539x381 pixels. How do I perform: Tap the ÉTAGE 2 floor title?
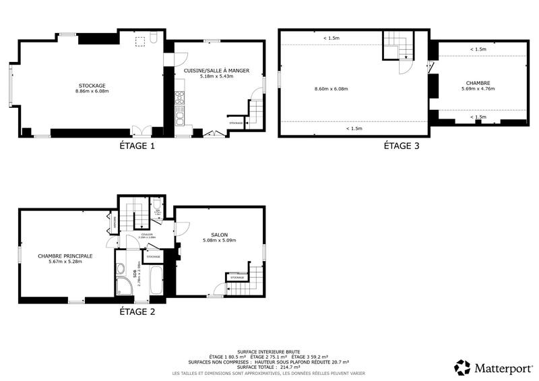point(137,312)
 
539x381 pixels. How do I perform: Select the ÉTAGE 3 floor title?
point(402,146)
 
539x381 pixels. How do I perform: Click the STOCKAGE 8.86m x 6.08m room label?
point(92,88)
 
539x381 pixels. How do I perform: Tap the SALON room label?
point(219,237)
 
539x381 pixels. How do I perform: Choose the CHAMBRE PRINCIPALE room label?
point(65,259)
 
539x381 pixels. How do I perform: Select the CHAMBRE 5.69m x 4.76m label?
point(476,86)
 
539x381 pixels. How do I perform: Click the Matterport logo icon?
point(462,367)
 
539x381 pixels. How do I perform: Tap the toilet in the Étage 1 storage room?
point(154,38)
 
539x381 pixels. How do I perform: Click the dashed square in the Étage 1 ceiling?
point(140,42)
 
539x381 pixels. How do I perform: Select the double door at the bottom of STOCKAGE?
point(141,131)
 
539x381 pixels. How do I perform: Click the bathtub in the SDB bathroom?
point(155,281)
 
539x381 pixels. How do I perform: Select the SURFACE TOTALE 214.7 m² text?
point(269,366)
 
